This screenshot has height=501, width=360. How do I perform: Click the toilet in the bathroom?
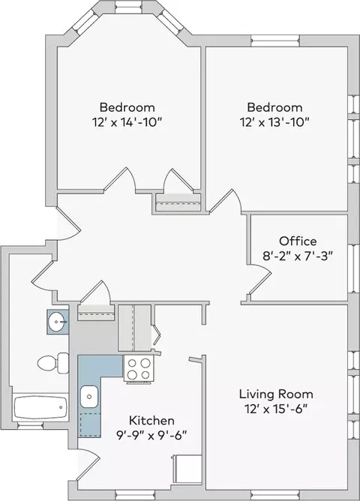[x=53, y=363]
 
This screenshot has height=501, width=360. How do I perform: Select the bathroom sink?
[x=57, y=322]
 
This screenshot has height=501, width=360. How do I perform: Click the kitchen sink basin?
[x=89, y=397]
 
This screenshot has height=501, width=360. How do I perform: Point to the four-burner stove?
[x=139, y=369]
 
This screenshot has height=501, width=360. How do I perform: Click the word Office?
[x=298, y=241]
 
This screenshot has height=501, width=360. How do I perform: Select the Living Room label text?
[x=276, y=394]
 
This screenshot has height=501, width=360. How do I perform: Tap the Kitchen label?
[x=151, y=421]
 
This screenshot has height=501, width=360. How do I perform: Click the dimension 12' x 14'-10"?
[x=125, y=122]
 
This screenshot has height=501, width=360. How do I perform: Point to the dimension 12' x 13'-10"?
[x=274, y=122]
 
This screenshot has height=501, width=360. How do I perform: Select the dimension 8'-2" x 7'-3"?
[x=298, y=256]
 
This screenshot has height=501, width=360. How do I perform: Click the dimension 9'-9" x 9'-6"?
[x=151, y=436]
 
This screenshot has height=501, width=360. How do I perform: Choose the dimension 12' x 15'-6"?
[x=276, y=409]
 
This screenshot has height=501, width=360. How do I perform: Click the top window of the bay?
[x=129, y=7]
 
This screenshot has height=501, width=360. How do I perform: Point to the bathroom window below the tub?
[x=30, y=425]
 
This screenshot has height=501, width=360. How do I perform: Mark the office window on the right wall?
[x=354, y=268]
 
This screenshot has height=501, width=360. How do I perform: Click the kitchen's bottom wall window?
[x=129, y=495]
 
